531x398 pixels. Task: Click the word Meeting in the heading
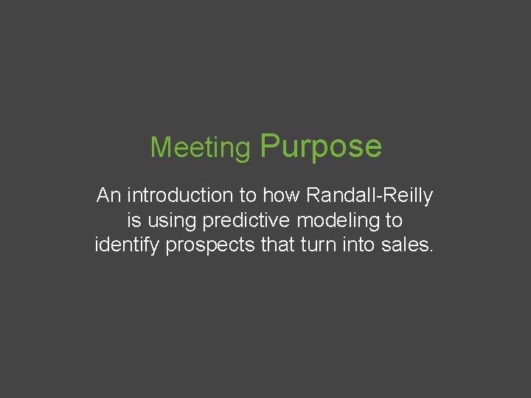200,148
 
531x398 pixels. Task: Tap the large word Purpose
321,146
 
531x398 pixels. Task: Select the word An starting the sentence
108,196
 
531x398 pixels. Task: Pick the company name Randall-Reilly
369,196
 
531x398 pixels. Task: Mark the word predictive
249,220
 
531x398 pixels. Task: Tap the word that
277,245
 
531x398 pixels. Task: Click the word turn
317,245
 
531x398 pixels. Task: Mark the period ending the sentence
431,251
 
